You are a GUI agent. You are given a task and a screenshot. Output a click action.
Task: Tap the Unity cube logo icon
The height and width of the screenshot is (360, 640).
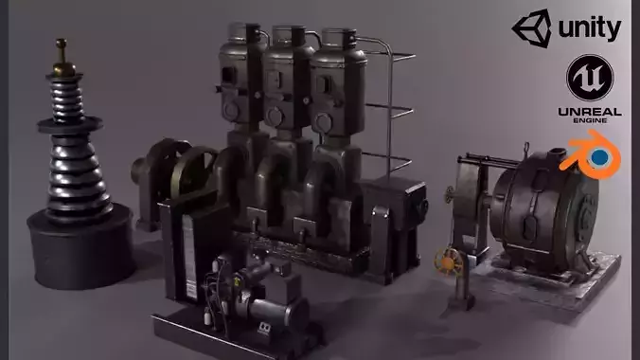tap(531, 27)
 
